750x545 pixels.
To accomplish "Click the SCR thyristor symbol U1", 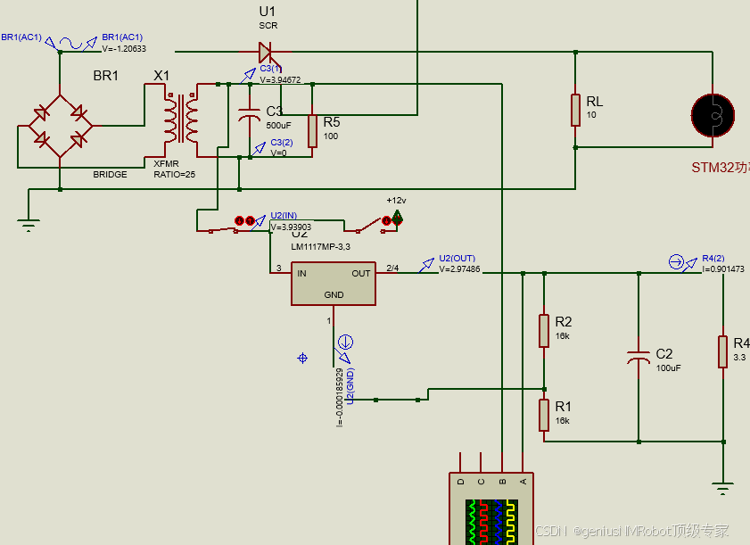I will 265,53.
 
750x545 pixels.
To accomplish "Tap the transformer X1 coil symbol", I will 180,119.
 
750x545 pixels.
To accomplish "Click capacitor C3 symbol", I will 247,117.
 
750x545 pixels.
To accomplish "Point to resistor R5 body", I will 312,130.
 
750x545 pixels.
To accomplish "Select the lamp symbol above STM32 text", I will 713,114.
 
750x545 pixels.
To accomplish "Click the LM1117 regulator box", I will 333,284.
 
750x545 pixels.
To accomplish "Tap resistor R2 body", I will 543,330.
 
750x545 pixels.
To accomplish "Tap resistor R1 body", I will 543,415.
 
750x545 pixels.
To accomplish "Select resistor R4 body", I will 723,351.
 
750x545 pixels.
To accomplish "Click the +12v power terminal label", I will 396,201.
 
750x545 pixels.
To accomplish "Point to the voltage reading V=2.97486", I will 459,268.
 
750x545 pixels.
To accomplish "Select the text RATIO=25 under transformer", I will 174,174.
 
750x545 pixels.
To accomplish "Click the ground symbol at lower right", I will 723,488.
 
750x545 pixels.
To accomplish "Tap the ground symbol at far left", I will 29,225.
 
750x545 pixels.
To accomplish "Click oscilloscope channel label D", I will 461,482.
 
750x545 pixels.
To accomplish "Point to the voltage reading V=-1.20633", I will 124,49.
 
